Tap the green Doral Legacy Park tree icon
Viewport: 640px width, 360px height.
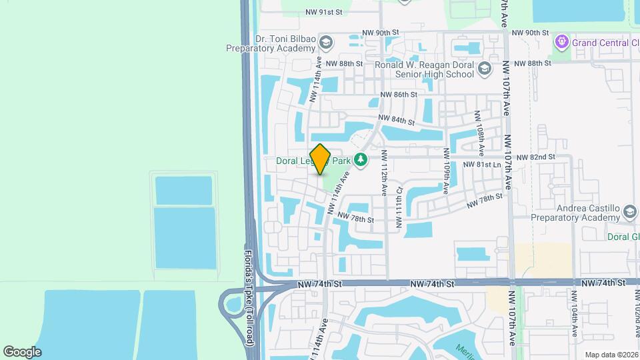click(361, 159)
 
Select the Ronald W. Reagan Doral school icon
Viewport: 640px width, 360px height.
click(485, 69)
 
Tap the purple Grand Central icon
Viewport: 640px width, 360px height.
click(562, 43)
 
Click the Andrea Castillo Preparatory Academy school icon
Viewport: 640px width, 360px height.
click(629, 212)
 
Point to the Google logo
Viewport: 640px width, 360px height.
click(22, 351)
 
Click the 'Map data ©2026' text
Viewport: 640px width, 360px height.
click(611, 354)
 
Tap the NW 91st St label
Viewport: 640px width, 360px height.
click(323, 12)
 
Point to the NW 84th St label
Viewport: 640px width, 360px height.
click(397, 121)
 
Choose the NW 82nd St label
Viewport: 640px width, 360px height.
click(535, 157)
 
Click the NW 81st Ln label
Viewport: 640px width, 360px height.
click(483, 165)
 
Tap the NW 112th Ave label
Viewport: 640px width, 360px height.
click(384, 172)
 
